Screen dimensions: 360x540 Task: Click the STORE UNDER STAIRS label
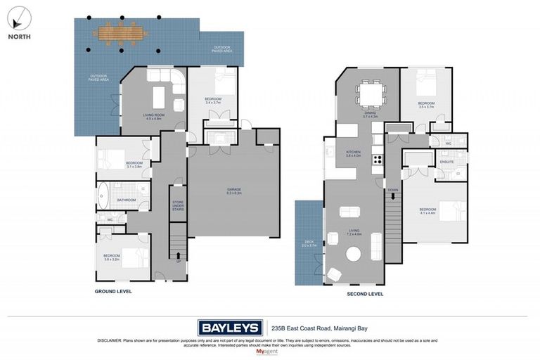tap(178, 205)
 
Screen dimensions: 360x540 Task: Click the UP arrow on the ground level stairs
tap(178, 257)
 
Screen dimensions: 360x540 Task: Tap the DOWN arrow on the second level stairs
tap(392, 191)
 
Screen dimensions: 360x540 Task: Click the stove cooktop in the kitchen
tap(377, 159)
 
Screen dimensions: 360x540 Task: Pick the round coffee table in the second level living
tap(349, 212)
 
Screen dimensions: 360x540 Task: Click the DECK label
tap(308, 243)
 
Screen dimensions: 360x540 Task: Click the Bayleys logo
tap(230, 327)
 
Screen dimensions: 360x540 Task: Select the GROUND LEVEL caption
tap(113, 291)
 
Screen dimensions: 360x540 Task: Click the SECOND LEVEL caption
tap(365, 294)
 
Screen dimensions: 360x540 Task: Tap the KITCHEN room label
tap(353, 152)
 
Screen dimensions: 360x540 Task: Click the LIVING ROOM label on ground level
tap(153, 116)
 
